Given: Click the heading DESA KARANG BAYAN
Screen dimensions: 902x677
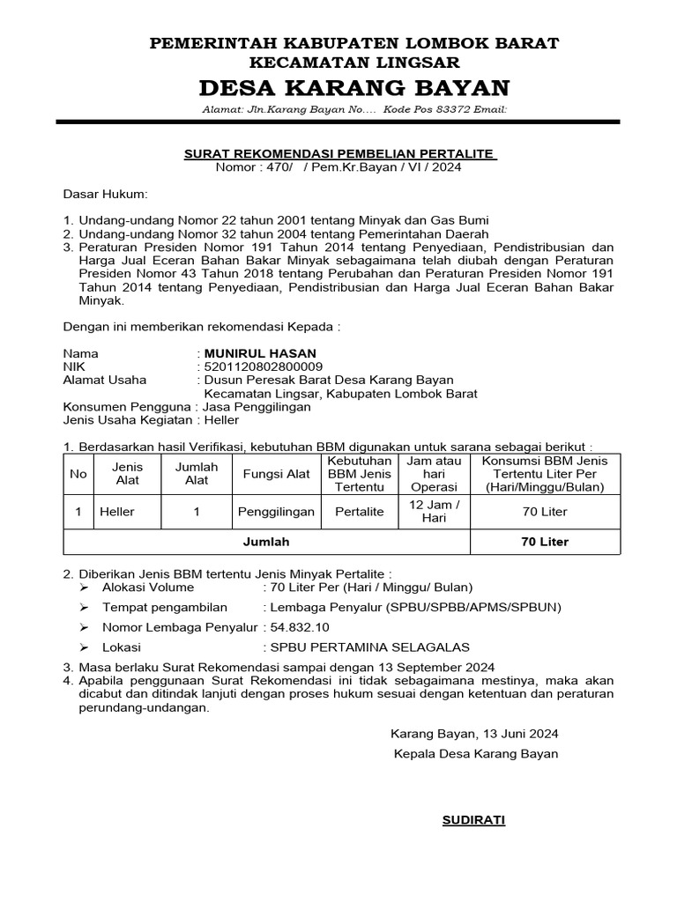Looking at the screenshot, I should [353, 88].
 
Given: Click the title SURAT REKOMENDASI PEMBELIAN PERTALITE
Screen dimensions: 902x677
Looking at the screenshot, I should [340, 153].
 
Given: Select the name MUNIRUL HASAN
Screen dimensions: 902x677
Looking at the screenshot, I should [247, 353].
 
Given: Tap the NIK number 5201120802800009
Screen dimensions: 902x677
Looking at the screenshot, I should [263, 366].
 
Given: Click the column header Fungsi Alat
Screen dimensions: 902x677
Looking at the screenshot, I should [276, 474].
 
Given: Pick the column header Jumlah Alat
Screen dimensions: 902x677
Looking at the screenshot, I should [197, 474].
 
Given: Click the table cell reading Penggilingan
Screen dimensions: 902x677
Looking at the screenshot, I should [276, 511].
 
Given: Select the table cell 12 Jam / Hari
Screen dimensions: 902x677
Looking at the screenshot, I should [435, 511].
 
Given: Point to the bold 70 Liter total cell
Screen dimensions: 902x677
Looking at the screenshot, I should [546, 542].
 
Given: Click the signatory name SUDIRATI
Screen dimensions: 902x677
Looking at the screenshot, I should [473, 820].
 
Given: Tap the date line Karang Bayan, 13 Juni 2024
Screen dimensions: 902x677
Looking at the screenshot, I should [474, 734].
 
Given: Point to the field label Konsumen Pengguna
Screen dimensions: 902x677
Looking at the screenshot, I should [127, 407].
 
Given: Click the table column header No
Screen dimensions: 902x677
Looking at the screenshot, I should [78, 474].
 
